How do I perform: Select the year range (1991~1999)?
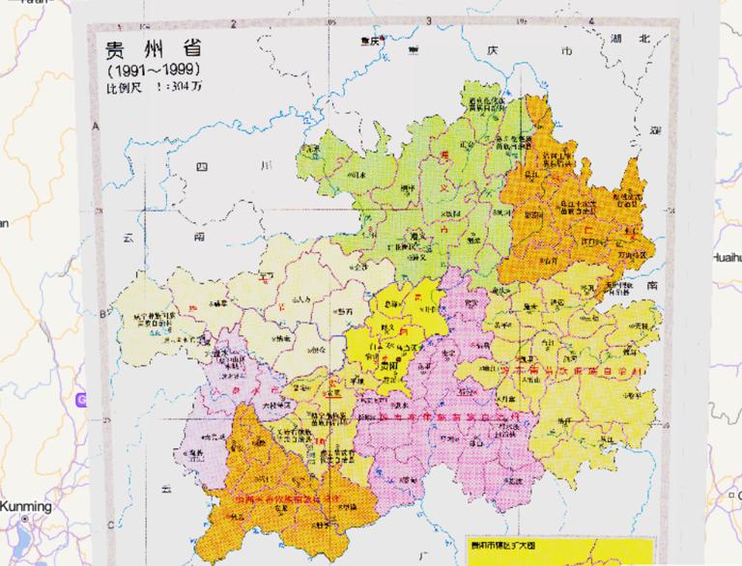[x=154, y=71]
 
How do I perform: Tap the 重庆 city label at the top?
[x=366, y=42]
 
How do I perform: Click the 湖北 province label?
[x=632, y=39]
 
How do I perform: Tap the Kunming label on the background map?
[x=26, y=506]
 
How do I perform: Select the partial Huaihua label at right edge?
[x=726, y=258]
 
